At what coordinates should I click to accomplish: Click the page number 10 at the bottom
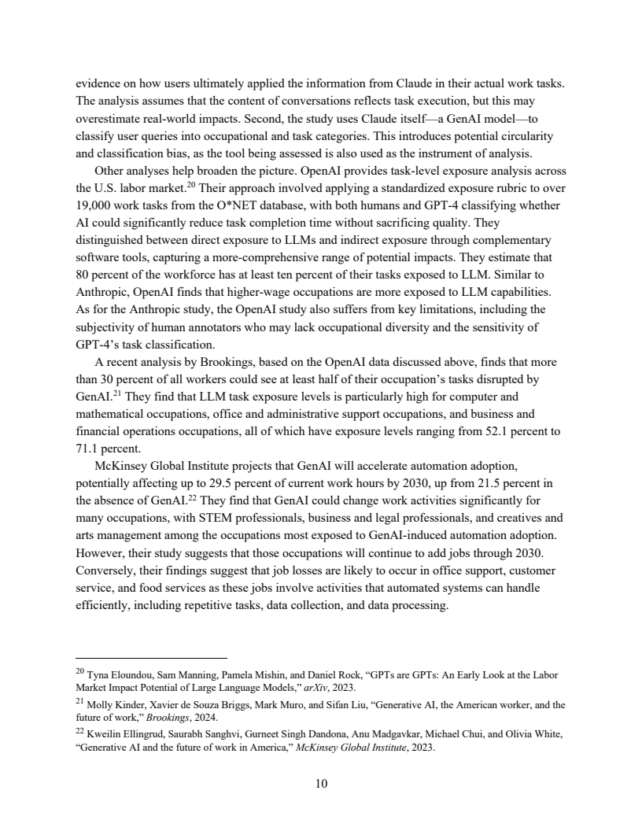pyautogui.click(x=321, y=784)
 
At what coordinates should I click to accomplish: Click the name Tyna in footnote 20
pyautogui.click(x=99, y=674)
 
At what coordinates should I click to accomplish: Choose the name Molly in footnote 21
pyautogui.click(x=101, y=704)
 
